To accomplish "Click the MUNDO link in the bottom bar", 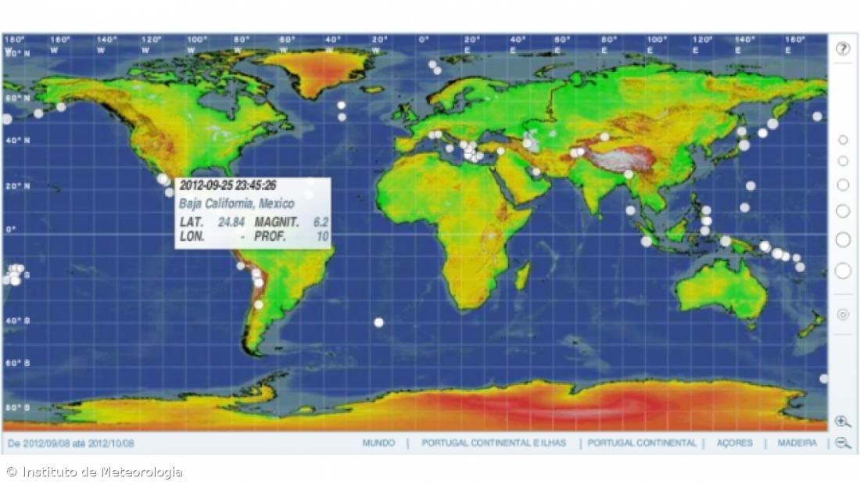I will click(378, 443).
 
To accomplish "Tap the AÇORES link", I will click(734, 443).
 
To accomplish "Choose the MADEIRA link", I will click(797, 443).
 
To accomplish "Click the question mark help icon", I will click(842, 48).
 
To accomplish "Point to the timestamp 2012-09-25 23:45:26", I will click(228, 186).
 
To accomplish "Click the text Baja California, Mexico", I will click(226, 203).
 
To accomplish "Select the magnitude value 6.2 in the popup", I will click(321, 221).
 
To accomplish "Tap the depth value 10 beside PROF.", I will click(322, 236).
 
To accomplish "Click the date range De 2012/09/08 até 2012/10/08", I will click(71, 444).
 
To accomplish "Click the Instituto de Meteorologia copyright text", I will click(95, 472).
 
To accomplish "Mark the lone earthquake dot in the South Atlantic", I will click(379, 322).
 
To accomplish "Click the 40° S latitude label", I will click(15, 321).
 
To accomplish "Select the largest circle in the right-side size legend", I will click(843, 271).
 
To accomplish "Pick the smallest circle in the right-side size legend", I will click(843, 140).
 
